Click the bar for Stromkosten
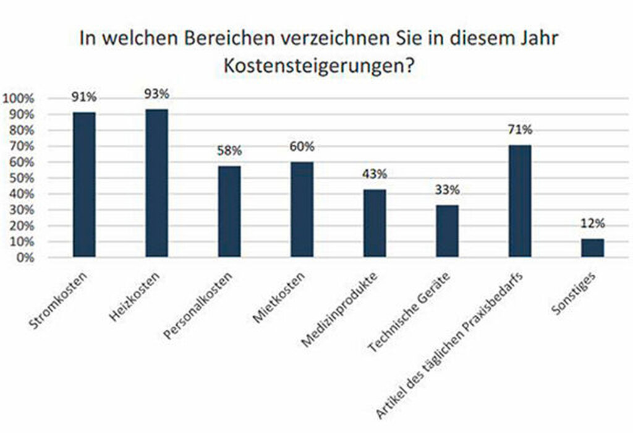click(x=84, y=184)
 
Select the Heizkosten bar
click(x=156, y=182)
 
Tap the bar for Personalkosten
click(x=229, y=211)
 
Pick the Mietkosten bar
click(x=302, y=209)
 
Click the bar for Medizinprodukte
click(x=375, y=223)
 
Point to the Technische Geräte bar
click(x=447, y=231)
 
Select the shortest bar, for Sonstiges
click(x=592, y=247)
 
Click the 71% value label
click(x=520, y=131)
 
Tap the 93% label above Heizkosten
click(x=156, y=95)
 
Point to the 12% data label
click(x=592, y=224)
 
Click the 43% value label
click(x=375, y=175)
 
